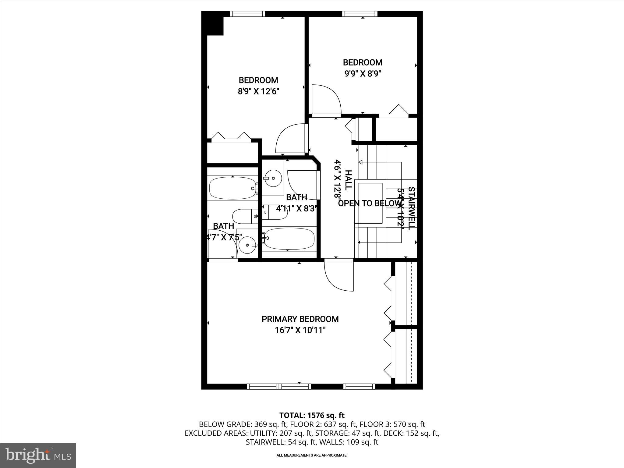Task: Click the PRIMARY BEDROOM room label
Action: pyautogui.click(x=300, y=319)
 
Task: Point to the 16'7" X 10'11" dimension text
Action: pyautogui.click(x=300, y=330)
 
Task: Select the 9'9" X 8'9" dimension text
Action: pyautogui.click(x=363, y=73)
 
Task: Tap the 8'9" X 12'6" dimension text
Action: pyautogui.click(x=258, y=91)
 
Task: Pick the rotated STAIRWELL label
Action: pyautogui.click(x=411, y=208)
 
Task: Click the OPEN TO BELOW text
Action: pyautogui.click(x=369, y=204)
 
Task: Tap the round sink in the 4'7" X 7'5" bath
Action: pyautogui.click(x=247, y=245)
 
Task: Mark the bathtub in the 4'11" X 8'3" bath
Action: pyautogui.click(x=289, y=239)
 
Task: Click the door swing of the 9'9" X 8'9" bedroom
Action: pyautogui.click(x=326, y=101)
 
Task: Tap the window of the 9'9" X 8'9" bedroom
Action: pyautogui.click(x=360, y=14)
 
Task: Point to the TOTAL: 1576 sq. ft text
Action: pyautogui.click(x=312, y=415)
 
